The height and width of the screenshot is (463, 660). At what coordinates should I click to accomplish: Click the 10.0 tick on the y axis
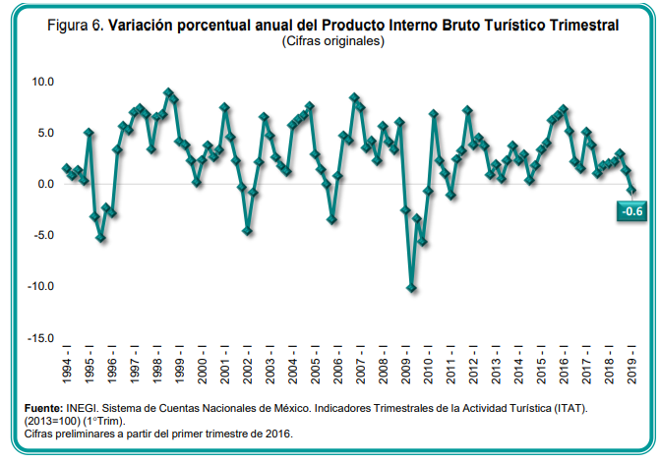click(x=41, y=82)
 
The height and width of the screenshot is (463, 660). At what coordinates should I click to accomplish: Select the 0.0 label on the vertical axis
click(x=44, y=184)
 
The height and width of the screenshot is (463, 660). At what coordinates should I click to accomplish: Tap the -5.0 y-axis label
click(x=41, y=235)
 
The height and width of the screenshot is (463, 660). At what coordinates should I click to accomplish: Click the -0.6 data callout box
click(x=631, y=210)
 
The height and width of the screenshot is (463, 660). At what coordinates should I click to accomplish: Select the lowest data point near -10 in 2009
click(x=411, y=288)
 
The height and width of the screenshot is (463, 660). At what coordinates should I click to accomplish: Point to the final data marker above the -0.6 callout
click(x=632, y=190)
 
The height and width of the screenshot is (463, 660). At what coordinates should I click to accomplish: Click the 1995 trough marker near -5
click(x=100, y=238)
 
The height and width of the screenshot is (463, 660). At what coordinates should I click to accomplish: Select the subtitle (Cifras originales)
click(x=331, y=42)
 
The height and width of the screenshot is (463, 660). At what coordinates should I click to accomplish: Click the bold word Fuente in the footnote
click(x=43, y=407)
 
